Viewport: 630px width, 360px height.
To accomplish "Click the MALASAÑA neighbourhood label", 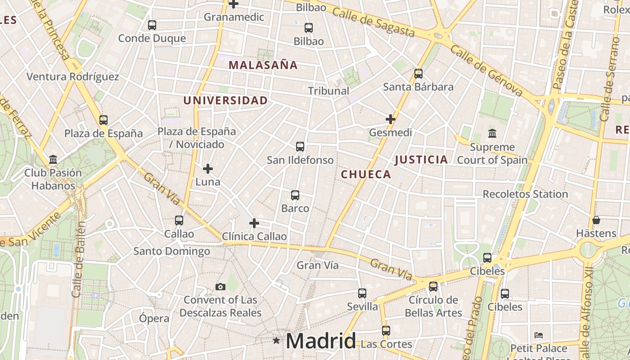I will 263,65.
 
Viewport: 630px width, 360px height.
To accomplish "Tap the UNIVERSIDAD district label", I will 225,100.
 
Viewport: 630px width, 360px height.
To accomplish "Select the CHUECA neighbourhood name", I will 366,175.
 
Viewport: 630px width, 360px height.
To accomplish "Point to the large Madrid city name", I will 321,341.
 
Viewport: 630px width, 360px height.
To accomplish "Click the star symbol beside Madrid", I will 276,341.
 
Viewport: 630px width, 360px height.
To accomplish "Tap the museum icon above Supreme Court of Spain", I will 492,134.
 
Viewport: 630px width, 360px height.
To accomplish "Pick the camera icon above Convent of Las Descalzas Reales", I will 220,287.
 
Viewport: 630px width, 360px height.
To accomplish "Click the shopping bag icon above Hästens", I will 596,220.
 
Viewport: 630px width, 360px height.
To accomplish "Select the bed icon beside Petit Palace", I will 539,335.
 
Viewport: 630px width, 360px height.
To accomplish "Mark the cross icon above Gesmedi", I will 391,119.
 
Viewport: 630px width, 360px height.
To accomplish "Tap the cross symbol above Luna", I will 207,169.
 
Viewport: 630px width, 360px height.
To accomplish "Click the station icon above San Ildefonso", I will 300,147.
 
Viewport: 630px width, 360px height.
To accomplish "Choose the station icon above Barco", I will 295,195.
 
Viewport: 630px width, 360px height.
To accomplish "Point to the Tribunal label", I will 328,91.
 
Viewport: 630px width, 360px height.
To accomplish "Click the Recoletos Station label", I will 525,194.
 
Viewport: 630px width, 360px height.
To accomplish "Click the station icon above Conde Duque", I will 152,25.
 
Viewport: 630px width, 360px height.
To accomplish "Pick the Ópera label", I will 154,319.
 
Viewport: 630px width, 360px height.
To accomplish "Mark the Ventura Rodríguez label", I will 73,76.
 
